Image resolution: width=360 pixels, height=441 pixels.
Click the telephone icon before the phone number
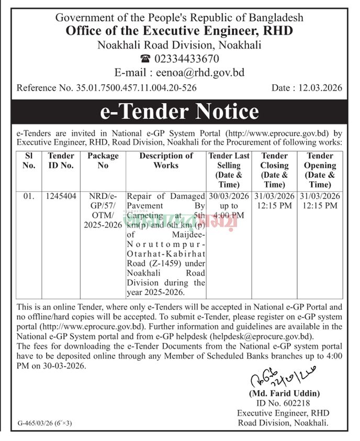click(145, 59)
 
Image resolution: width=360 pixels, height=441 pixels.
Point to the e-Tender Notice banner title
click(179, 112)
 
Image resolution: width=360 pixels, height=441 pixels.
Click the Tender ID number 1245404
click(61, 196)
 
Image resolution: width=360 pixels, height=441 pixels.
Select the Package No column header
click(103, 160)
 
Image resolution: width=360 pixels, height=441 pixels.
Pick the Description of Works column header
click(166, 160)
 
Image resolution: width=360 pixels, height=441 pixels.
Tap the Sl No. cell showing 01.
click(29, 196)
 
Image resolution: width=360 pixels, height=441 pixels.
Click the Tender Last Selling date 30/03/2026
click(229, 196)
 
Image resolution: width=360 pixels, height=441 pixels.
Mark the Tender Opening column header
click(320, 170)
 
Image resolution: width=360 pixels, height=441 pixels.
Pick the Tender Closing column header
click(275, 170)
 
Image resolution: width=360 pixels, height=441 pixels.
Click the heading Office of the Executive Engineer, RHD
click(179, 31)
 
